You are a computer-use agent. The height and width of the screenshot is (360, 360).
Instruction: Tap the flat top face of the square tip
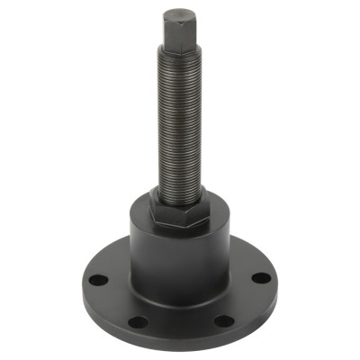(177, 13)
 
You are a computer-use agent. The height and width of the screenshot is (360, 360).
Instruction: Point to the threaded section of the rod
(178, 117)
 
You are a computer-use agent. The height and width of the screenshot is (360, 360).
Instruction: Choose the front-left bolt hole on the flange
(137, 321)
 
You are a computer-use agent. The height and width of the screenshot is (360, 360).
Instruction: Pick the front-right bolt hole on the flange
(225, 320)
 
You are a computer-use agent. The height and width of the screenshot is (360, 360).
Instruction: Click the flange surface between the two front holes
(180, 324)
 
